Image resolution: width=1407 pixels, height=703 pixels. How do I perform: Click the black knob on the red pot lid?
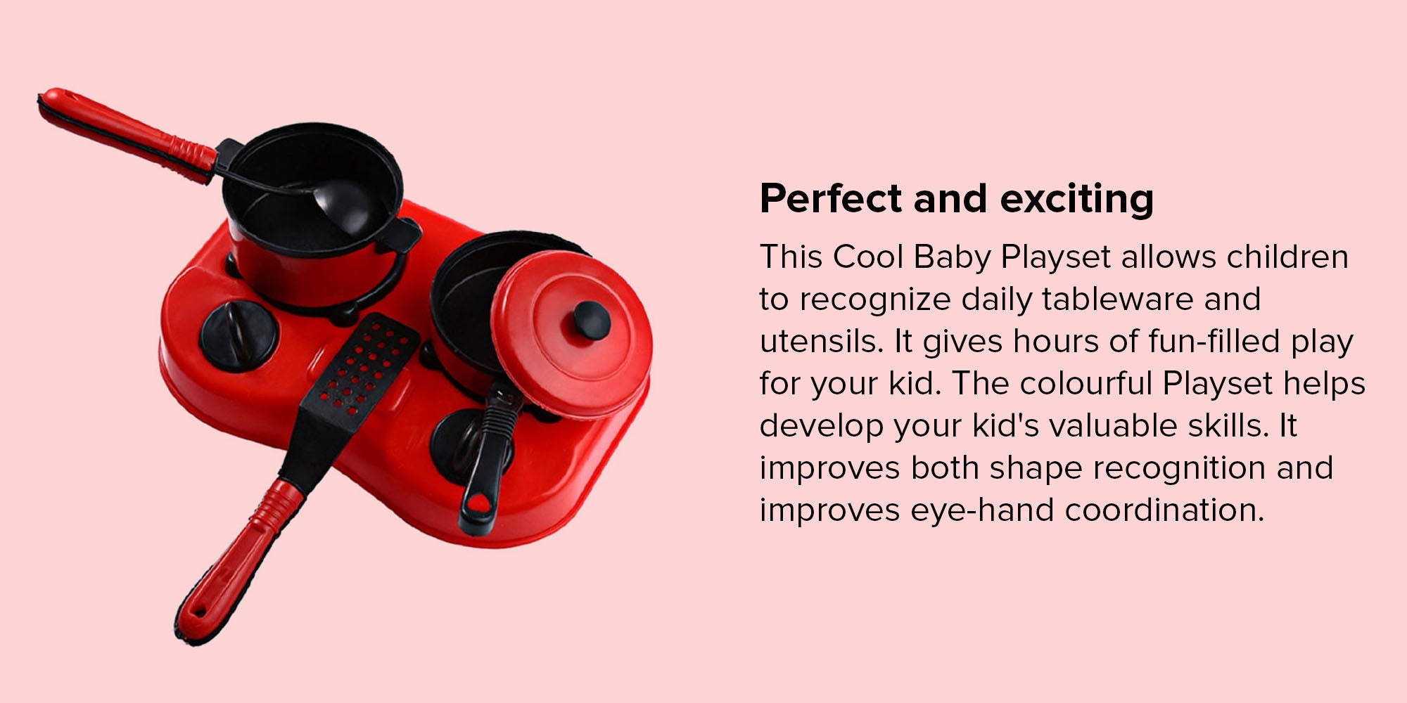592,319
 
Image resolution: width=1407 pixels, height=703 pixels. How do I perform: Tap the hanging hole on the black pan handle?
480,503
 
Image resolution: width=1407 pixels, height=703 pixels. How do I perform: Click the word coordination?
1164,510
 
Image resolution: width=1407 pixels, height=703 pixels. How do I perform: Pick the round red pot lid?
571,335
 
